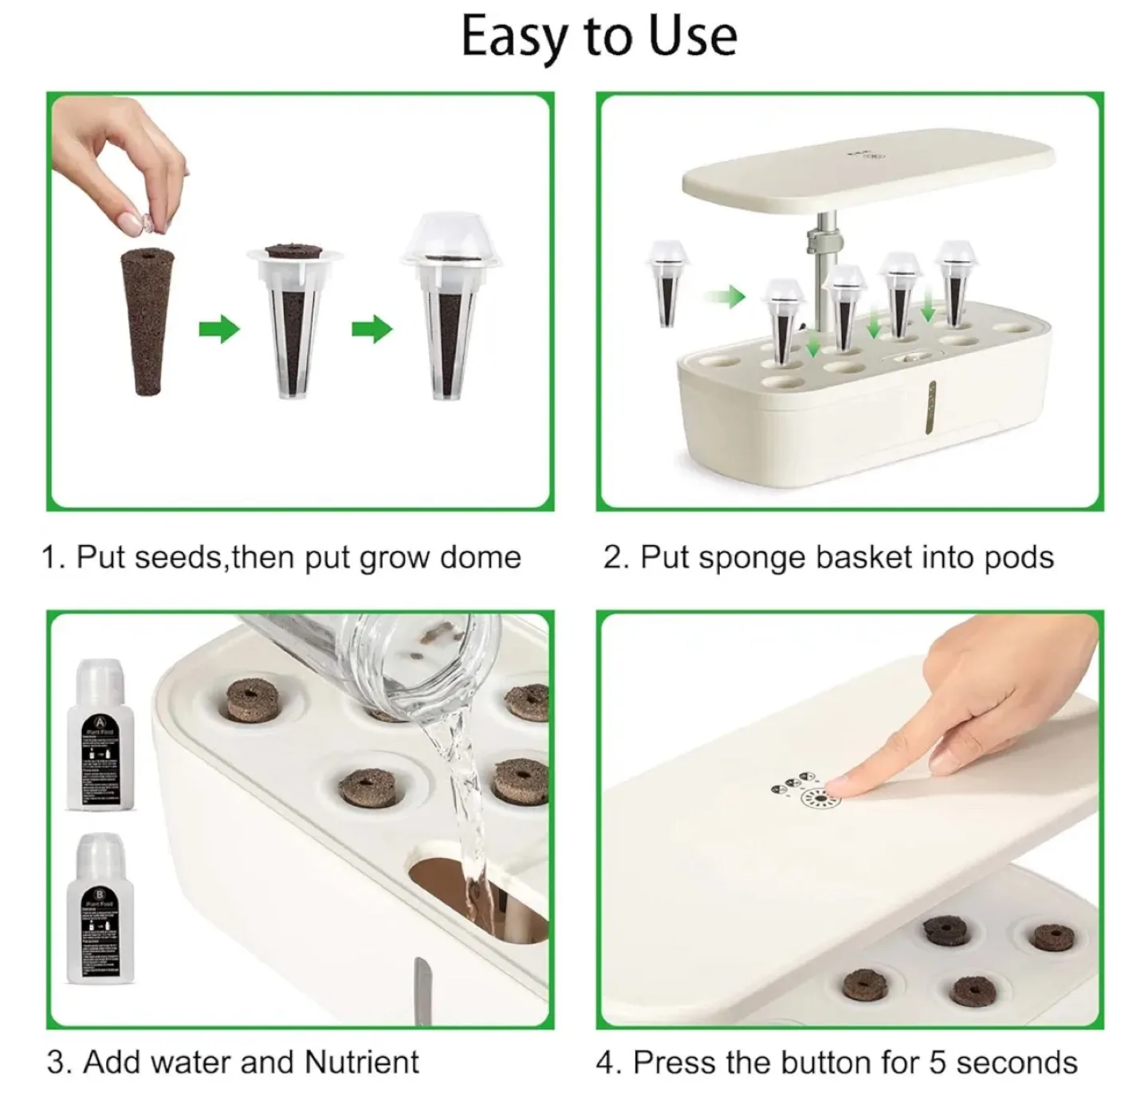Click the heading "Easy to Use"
point(599,37)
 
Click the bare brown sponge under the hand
point(146,320)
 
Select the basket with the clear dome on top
point(451,319)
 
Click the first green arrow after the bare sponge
point(218,327)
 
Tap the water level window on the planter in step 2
point(930,407)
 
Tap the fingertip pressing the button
point(837,790)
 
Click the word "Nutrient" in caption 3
point(362,1062)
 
